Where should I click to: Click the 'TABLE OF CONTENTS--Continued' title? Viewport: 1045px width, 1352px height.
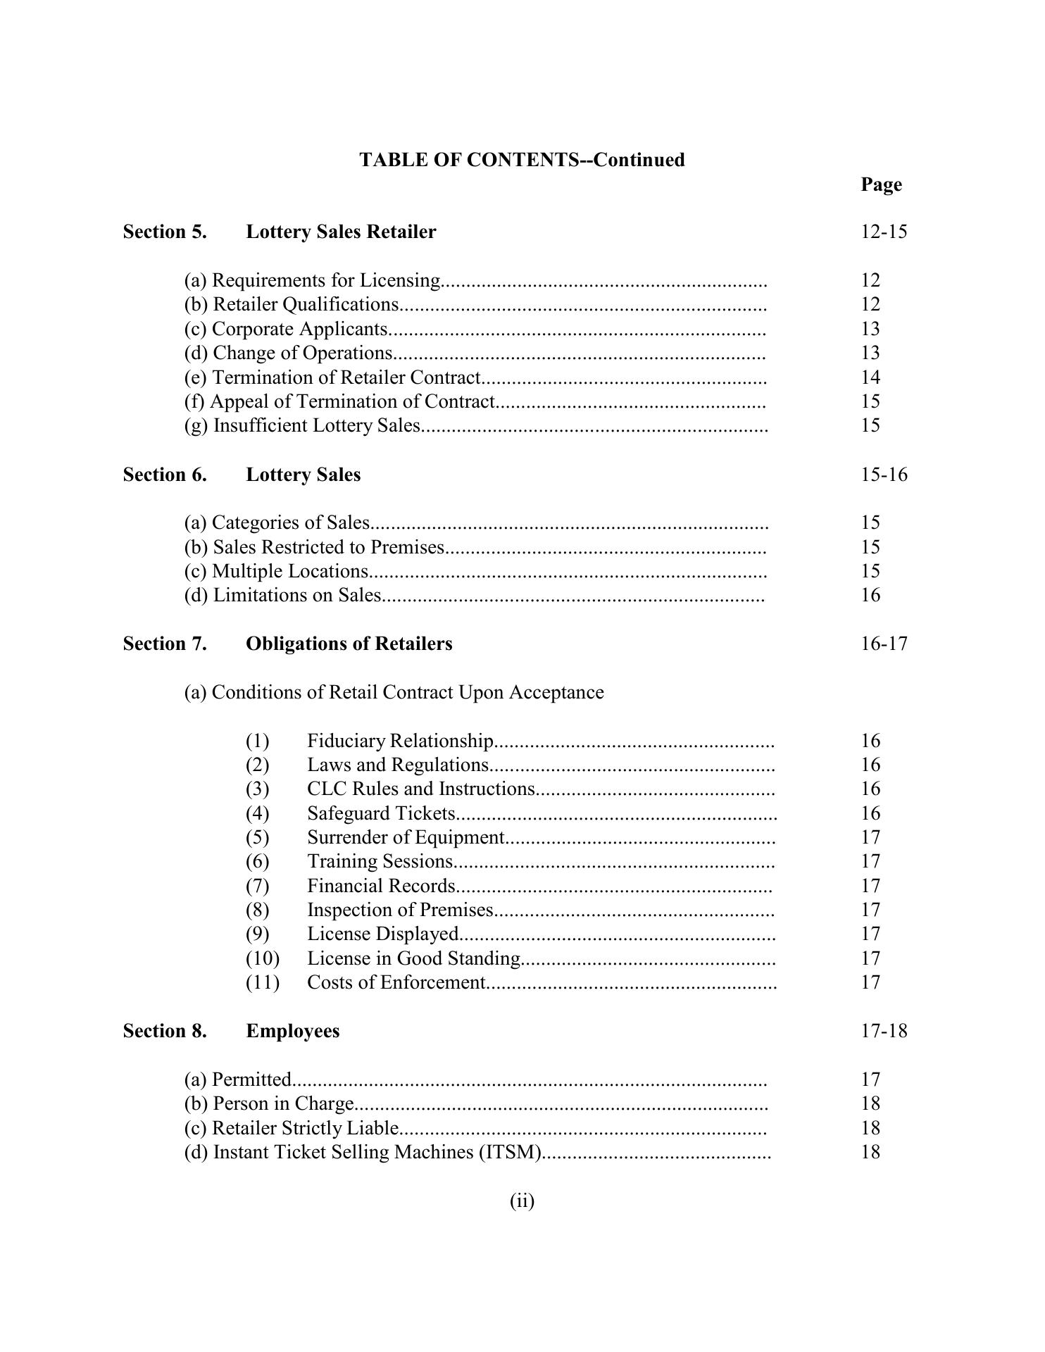point(522,160)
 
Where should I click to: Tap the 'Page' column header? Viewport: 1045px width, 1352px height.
point(881,184)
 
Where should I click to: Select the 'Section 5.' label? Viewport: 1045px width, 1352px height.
point(165,232)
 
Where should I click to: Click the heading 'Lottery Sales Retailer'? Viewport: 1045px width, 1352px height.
point(341,232)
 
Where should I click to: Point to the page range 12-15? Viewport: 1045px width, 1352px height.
point(884,232)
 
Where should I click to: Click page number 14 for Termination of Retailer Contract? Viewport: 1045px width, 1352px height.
point(870,377)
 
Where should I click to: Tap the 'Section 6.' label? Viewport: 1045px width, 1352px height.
point(165,475)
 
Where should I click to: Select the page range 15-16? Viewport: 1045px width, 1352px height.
point(884,475)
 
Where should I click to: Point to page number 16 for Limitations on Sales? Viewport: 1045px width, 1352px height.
point(870,595)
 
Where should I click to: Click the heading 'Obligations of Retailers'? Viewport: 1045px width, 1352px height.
point(349,644)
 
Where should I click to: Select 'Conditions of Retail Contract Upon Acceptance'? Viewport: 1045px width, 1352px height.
point(394,692)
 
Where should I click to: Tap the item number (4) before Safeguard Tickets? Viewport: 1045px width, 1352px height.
point(257,813)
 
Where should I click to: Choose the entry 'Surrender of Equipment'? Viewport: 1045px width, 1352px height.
point(406,837)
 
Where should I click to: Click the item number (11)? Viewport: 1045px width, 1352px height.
point(262,982)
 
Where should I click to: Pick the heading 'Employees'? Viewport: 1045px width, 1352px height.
point(292,1031)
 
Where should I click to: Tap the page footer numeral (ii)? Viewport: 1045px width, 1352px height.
point(522,1201)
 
